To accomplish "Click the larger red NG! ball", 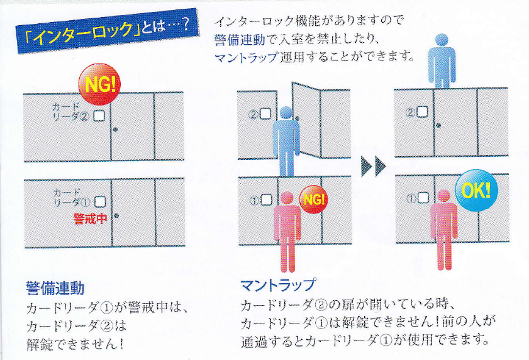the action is [99, 84].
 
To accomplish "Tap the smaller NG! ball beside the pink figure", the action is [314, 200].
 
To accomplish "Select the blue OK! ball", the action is [476, 191].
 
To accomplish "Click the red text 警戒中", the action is [90, 219].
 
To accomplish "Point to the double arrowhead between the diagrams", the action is [373, 166].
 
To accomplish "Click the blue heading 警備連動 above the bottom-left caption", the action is [55, 288].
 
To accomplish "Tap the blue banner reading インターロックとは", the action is [106, 31].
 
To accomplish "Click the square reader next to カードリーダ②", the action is [99, 116].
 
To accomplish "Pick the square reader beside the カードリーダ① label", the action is [100, 202].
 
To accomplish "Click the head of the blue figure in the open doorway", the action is [286, 113].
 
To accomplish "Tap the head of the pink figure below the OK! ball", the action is [443, 196].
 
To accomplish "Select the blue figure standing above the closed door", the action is [442, 61].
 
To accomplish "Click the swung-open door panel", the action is [306, 121].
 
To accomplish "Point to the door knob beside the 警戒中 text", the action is [116, 215].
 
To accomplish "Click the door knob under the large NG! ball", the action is [116, 129].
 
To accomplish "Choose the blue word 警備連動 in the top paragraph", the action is [240, 40].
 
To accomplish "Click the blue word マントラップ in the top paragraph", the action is [247, 57].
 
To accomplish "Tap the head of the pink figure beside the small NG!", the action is [287, 198].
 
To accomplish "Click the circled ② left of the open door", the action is [253, 115].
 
